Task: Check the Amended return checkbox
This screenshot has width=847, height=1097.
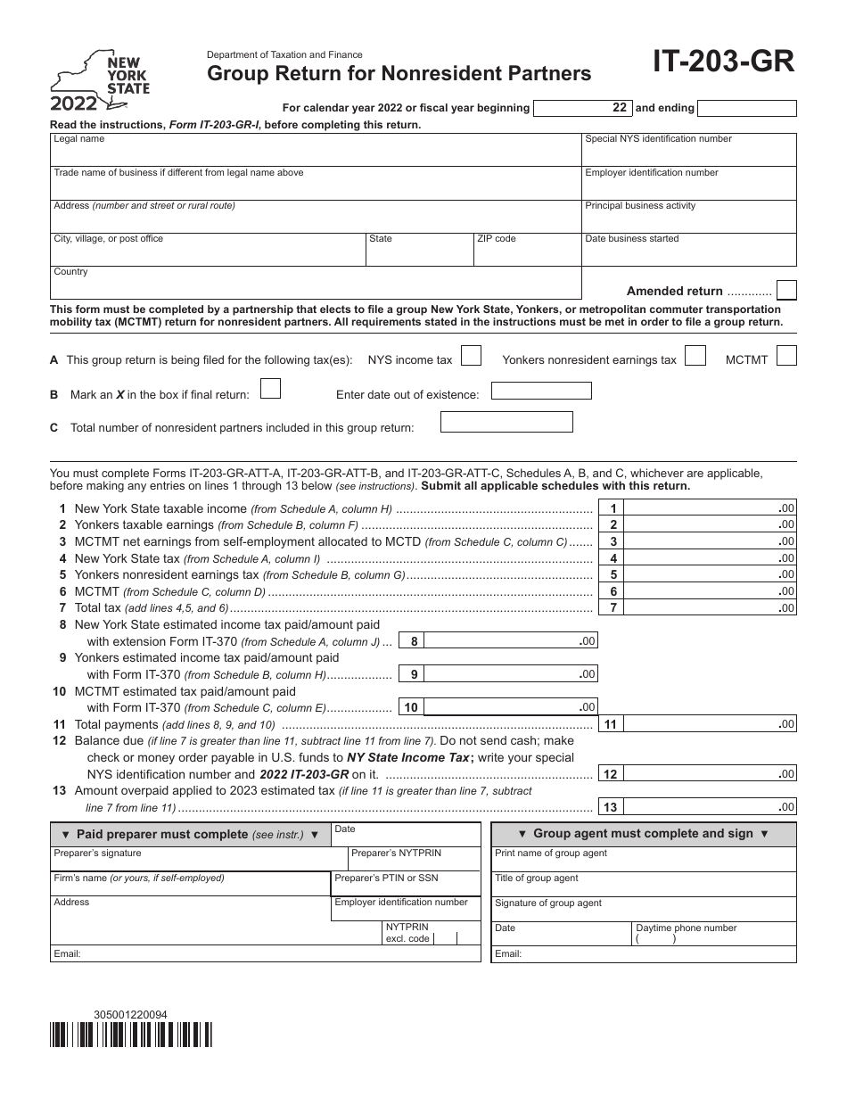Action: pyautogui.click(x=785, y=290)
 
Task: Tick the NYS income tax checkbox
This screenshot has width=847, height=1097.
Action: pyautogui.click(x=472, y=357)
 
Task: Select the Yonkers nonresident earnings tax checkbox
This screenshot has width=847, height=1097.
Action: pyautogui.click(x=696, y=357)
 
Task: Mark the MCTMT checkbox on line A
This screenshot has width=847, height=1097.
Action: pyautogui.click(x=785, y=357)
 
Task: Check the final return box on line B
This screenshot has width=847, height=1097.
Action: pyautogui.click(x=269, y=389)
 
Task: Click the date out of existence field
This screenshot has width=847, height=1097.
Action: pyautogui.click(x=541, y=392)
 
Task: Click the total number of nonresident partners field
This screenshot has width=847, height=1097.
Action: pyautogui.click(x=506, y=423)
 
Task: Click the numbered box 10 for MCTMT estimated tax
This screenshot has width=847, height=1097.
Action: pyautogui.click(x=411, y=707)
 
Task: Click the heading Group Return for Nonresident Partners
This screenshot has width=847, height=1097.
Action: pyautogui.click(x=399, y=74)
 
